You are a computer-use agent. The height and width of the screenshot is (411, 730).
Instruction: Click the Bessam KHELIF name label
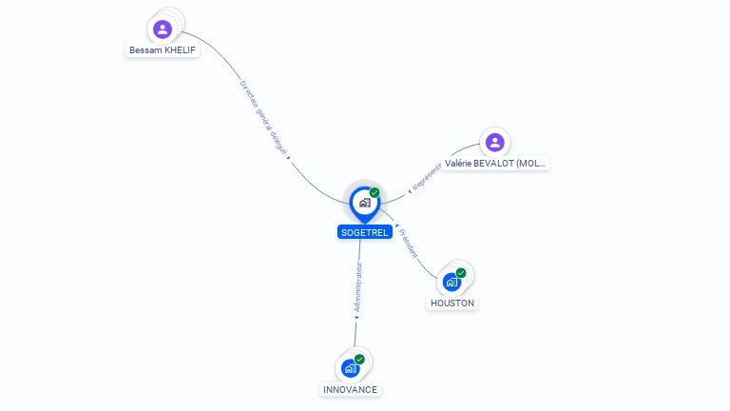coord(163,49)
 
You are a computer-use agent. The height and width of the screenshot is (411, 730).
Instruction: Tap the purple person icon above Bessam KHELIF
coord(163,29)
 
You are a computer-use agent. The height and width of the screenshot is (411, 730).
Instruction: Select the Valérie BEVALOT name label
coord(496,164)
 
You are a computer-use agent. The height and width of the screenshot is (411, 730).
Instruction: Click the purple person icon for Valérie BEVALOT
coord(494,143)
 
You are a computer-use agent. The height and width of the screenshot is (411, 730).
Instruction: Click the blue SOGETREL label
coord(365,232)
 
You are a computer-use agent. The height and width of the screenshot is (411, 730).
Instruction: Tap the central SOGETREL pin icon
coord(364,203)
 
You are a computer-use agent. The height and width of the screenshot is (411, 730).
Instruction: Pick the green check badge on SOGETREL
coord(375,193)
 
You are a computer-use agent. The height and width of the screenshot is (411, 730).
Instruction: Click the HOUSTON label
coord(451,303)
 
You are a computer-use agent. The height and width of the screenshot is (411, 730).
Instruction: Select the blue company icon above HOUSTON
coord(451,283)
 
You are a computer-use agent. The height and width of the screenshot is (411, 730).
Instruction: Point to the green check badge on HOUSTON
coord(461,274)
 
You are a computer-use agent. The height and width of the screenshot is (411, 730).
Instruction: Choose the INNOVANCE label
coord(350,389)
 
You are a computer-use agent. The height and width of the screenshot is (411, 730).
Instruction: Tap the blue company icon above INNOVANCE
coord(350,368)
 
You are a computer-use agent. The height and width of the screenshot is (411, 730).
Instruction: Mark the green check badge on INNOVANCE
coord(359,360)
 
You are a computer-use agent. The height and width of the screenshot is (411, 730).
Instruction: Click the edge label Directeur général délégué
coord(263,117)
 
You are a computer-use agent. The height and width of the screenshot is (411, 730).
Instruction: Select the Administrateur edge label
coord(357,288)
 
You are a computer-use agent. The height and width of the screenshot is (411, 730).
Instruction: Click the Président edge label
coord(408,243)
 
